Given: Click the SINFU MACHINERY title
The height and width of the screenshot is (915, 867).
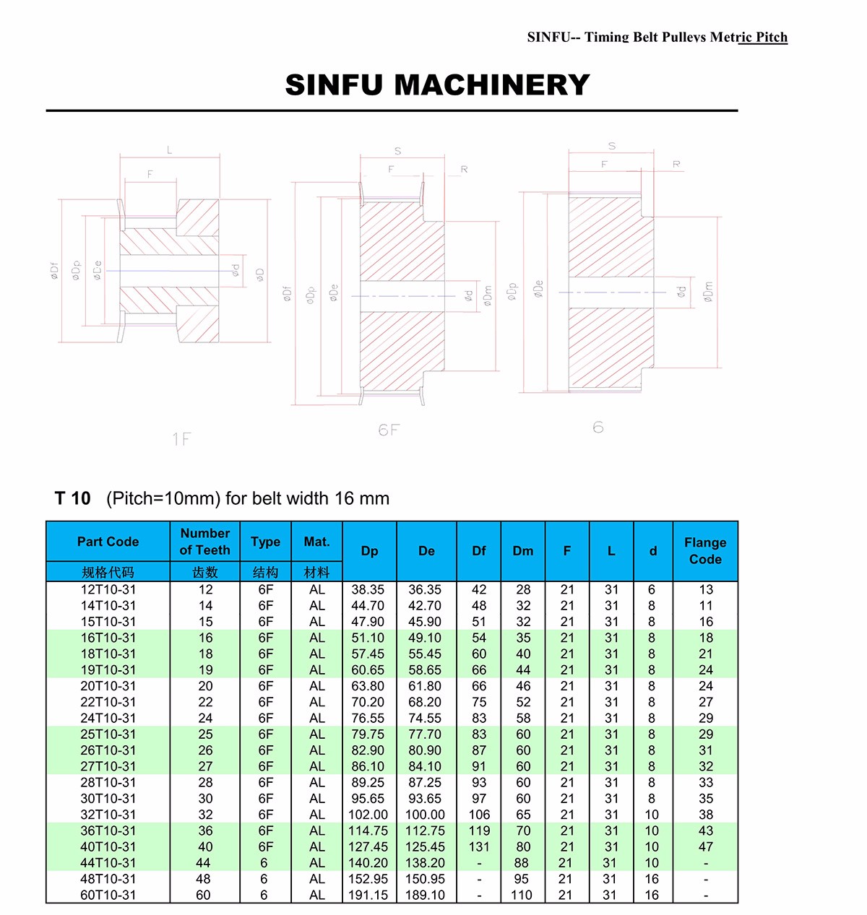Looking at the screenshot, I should (437, 85).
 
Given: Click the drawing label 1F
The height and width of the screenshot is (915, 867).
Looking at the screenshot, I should (181, 439).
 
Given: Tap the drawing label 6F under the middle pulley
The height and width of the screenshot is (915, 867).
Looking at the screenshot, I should (388, 430).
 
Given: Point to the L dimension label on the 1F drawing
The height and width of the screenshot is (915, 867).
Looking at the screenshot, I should (170, 150).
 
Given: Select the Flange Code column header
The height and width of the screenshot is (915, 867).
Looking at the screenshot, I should (705, 550).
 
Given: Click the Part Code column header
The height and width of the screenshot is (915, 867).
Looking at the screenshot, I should (108, 542).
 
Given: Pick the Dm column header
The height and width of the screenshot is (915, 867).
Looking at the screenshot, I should (523, 550).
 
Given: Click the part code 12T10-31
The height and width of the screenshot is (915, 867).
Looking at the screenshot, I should (108, 590).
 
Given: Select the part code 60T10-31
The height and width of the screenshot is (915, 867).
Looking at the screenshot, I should (108, 895).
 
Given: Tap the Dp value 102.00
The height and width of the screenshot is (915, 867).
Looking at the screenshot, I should (368, 815).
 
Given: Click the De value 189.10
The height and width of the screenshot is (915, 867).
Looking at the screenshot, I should (425, 895).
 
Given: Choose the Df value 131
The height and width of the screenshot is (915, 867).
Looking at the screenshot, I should (479, 846).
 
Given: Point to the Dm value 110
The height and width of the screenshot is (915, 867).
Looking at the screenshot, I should (522, 895).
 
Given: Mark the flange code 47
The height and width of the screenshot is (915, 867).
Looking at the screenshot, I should (706, 846).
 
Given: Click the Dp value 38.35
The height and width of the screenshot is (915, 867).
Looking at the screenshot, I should (368, 590).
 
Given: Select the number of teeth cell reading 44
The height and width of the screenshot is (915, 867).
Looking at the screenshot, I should (204, 863).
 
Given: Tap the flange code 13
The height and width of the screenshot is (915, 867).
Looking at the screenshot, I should (706, 590).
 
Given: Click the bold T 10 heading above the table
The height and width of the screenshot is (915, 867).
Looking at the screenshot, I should (73, 498).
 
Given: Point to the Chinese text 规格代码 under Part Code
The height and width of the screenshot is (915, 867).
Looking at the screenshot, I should (108, 572).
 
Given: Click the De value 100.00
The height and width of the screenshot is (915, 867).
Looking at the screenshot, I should (425, 815).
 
